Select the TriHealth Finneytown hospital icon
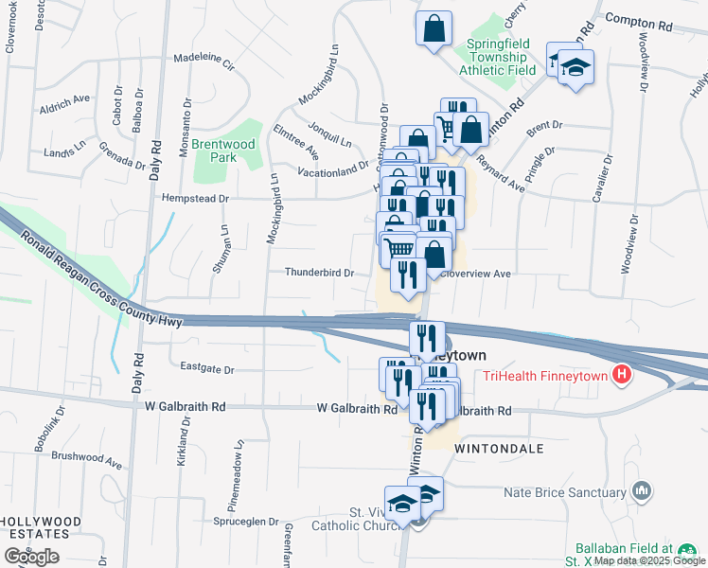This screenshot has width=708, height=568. [622, 376]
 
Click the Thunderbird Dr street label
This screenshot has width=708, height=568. [320, 273]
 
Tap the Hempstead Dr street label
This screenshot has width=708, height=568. [197, 199]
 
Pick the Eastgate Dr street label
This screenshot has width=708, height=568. [205, 368]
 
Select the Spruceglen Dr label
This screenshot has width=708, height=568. [246, 522]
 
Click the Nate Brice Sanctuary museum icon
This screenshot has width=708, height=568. [642, 490]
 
